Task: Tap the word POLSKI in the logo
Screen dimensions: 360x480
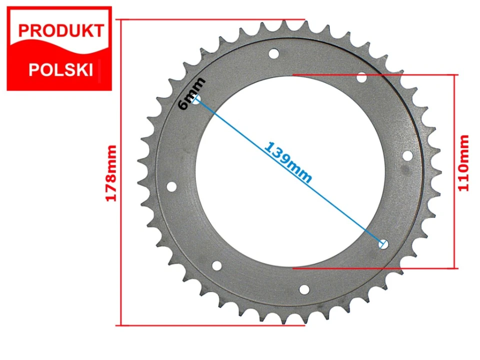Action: coord(61,69)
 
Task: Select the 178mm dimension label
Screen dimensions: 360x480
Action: coord(111,173)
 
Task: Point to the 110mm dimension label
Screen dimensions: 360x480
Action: coord(464,162)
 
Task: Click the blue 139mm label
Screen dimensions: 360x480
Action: coord(288,162)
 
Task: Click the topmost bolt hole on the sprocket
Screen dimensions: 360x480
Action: coord(273,53)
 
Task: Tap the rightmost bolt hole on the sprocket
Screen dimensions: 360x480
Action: coord(407,155)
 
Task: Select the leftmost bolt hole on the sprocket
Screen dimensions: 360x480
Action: coord(171,187)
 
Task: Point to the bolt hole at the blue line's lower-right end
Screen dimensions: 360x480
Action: coord(383,244)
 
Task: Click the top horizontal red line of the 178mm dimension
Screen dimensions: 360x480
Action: coord(210,19)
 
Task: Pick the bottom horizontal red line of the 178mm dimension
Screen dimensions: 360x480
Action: coord(210,325)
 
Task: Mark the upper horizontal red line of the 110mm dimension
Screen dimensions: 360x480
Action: coord(375,75)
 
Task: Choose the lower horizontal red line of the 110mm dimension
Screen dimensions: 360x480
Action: coord(375,268)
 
